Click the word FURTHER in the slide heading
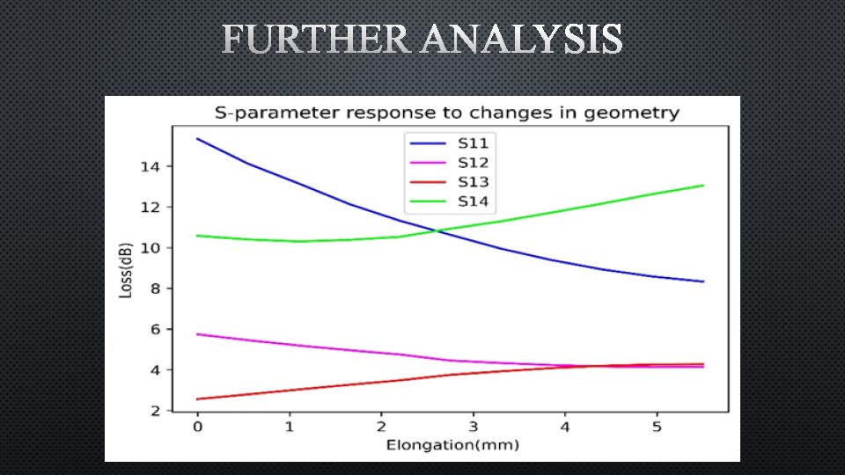coord(316,39)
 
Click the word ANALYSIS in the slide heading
coord(522,39)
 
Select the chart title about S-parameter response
coord(447,113)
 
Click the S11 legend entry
coord(450,143)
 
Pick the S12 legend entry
coord(450,163)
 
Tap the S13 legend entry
coord(450,182)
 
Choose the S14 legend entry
coord(450,201)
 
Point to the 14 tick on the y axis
coord(151,166)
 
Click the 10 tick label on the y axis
coord(151,248)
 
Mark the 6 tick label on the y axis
coord(155,329)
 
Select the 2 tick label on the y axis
coord(155,411)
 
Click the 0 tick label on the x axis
coord(198,427)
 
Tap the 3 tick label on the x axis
coord(474,427)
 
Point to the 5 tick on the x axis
coord(657,427)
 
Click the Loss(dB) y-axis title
coord(125,270)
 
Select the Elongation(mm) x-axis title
coord(452,445)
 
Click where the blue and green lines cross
coord(437,231)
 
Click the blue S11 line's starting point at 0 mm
coord(198,139)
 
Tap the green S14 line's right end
coord(703,186)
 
